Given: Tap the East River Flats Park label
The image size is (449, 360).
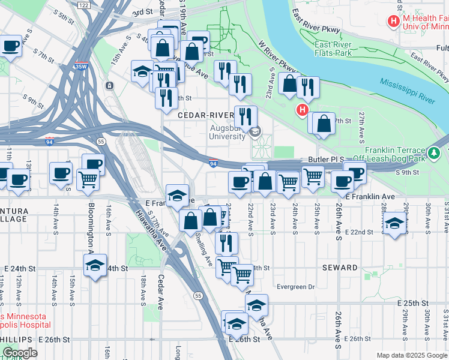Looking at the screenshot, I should click(x=338, y=48).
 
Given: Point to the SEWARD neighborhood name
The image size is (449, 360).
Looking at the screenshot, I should click(x=339, y=267).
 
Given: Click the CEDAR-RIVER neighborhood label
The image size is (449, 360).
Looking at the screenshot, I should click(x=205, y=115).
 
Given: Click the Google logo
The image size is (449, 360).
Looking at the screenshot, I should click(x=19, y=353).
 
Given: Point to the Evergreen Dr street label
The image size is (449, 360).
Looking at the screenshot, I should click(x=295, y=287).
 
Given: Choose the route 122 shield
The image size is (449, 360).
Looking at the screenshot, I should click(x=83, y=5).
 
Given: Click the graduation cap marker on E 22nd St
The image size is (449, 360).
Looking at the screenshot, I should click(x=394, y=224).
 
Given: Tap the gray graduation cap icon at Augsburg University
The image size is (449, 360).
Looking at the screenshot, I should click(x=255, y=132).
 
